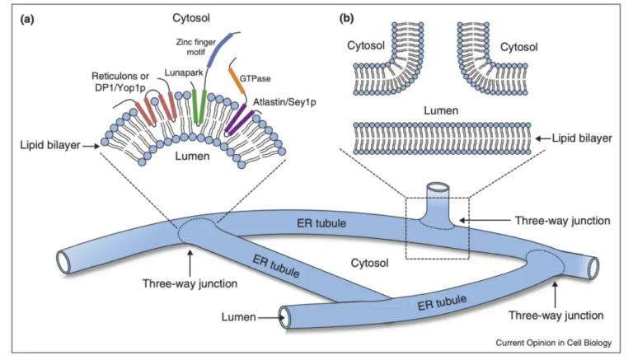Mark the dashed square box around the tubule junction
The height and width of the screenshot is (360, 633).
(437, 227)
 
